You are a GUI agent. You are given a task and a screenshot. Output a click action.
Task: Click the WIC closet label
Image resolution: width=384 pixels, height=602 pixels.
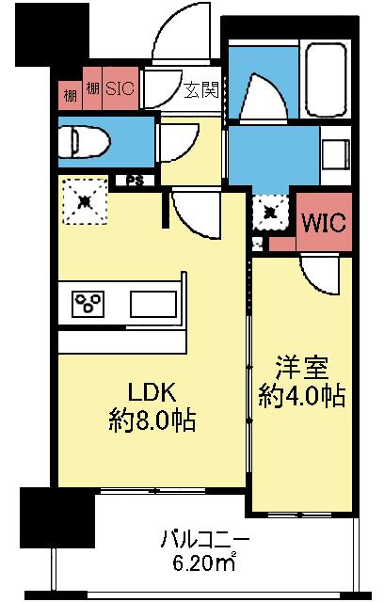(x=324, y=224)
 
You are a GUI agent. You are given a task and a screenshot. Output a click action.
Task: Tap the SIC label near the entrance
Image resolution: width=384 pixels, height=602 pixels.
(x=119, y=90)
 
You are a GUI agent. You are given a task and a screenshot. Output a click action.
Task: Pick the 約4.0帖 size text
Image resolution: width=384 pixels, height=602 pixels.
(x=301, y=395)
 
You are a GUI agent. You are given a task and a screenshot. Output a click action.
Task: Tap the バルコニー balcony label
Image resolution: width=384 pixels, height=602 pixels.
(x=204, y=540)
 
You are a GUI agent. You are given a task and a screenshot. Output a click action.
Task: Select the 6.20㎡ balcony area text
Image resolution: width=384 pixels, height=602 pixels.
(x=204, y=564)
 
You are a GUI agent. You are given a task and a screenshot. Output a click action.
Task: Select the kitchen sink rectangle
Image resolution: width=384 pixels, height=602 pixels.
(x=152, y=305)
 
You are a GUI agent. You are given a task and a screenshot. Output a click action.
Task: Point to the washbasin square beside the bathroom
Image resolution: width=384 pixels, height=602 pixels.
(x=335, y=153)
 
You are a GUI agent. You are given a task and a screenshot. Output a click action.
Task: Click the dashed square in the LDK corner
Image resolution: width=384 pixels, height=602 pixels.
(x=85, y=200)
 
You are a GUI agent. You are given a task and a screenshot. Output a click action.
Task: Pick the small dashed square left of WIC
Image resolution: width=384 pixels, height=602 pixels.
(x=269, y=212)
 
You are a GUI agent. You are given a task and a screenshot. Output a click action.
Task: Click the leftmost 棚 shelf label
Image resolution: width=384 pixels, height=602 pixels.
(x=71, y=92)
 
